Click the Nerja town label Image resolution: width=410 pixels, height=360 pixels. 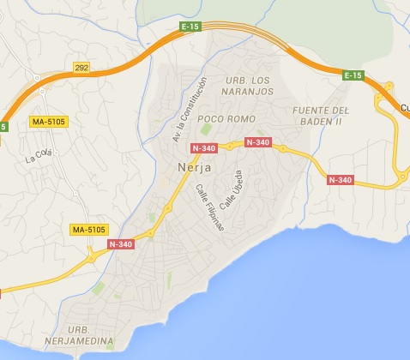click(193, 168)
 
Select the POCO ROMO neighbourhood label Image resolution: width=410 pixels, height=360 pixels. click(222, 118)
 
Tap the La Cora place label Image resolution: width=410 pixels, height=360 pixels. click(39, 156)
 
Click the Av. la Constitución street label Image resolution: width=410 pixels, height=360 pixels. click(190, 110)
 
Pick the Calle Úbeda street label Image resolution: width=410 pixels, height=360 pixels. click(232, 190)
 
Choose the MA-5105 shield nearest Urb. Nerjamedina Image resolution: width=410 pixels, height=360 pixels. click(90, 231)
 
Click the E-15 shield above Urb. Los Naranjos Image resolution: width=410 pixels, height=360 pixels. click(190, 28)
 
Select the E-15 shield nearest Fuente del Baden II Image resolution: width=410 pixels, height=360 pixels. click(353, 75)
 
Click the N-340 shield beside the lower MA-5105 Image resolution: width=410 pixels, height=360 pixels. click(122, 244)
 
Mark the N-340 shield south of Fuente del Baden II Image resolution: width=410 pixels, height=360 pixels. click(341, 179)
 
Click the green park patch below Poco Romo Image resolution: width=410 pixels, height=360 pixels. click(206, 130)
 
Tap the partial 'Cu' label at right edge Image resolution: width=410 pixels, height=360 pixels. click(404, 107)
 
